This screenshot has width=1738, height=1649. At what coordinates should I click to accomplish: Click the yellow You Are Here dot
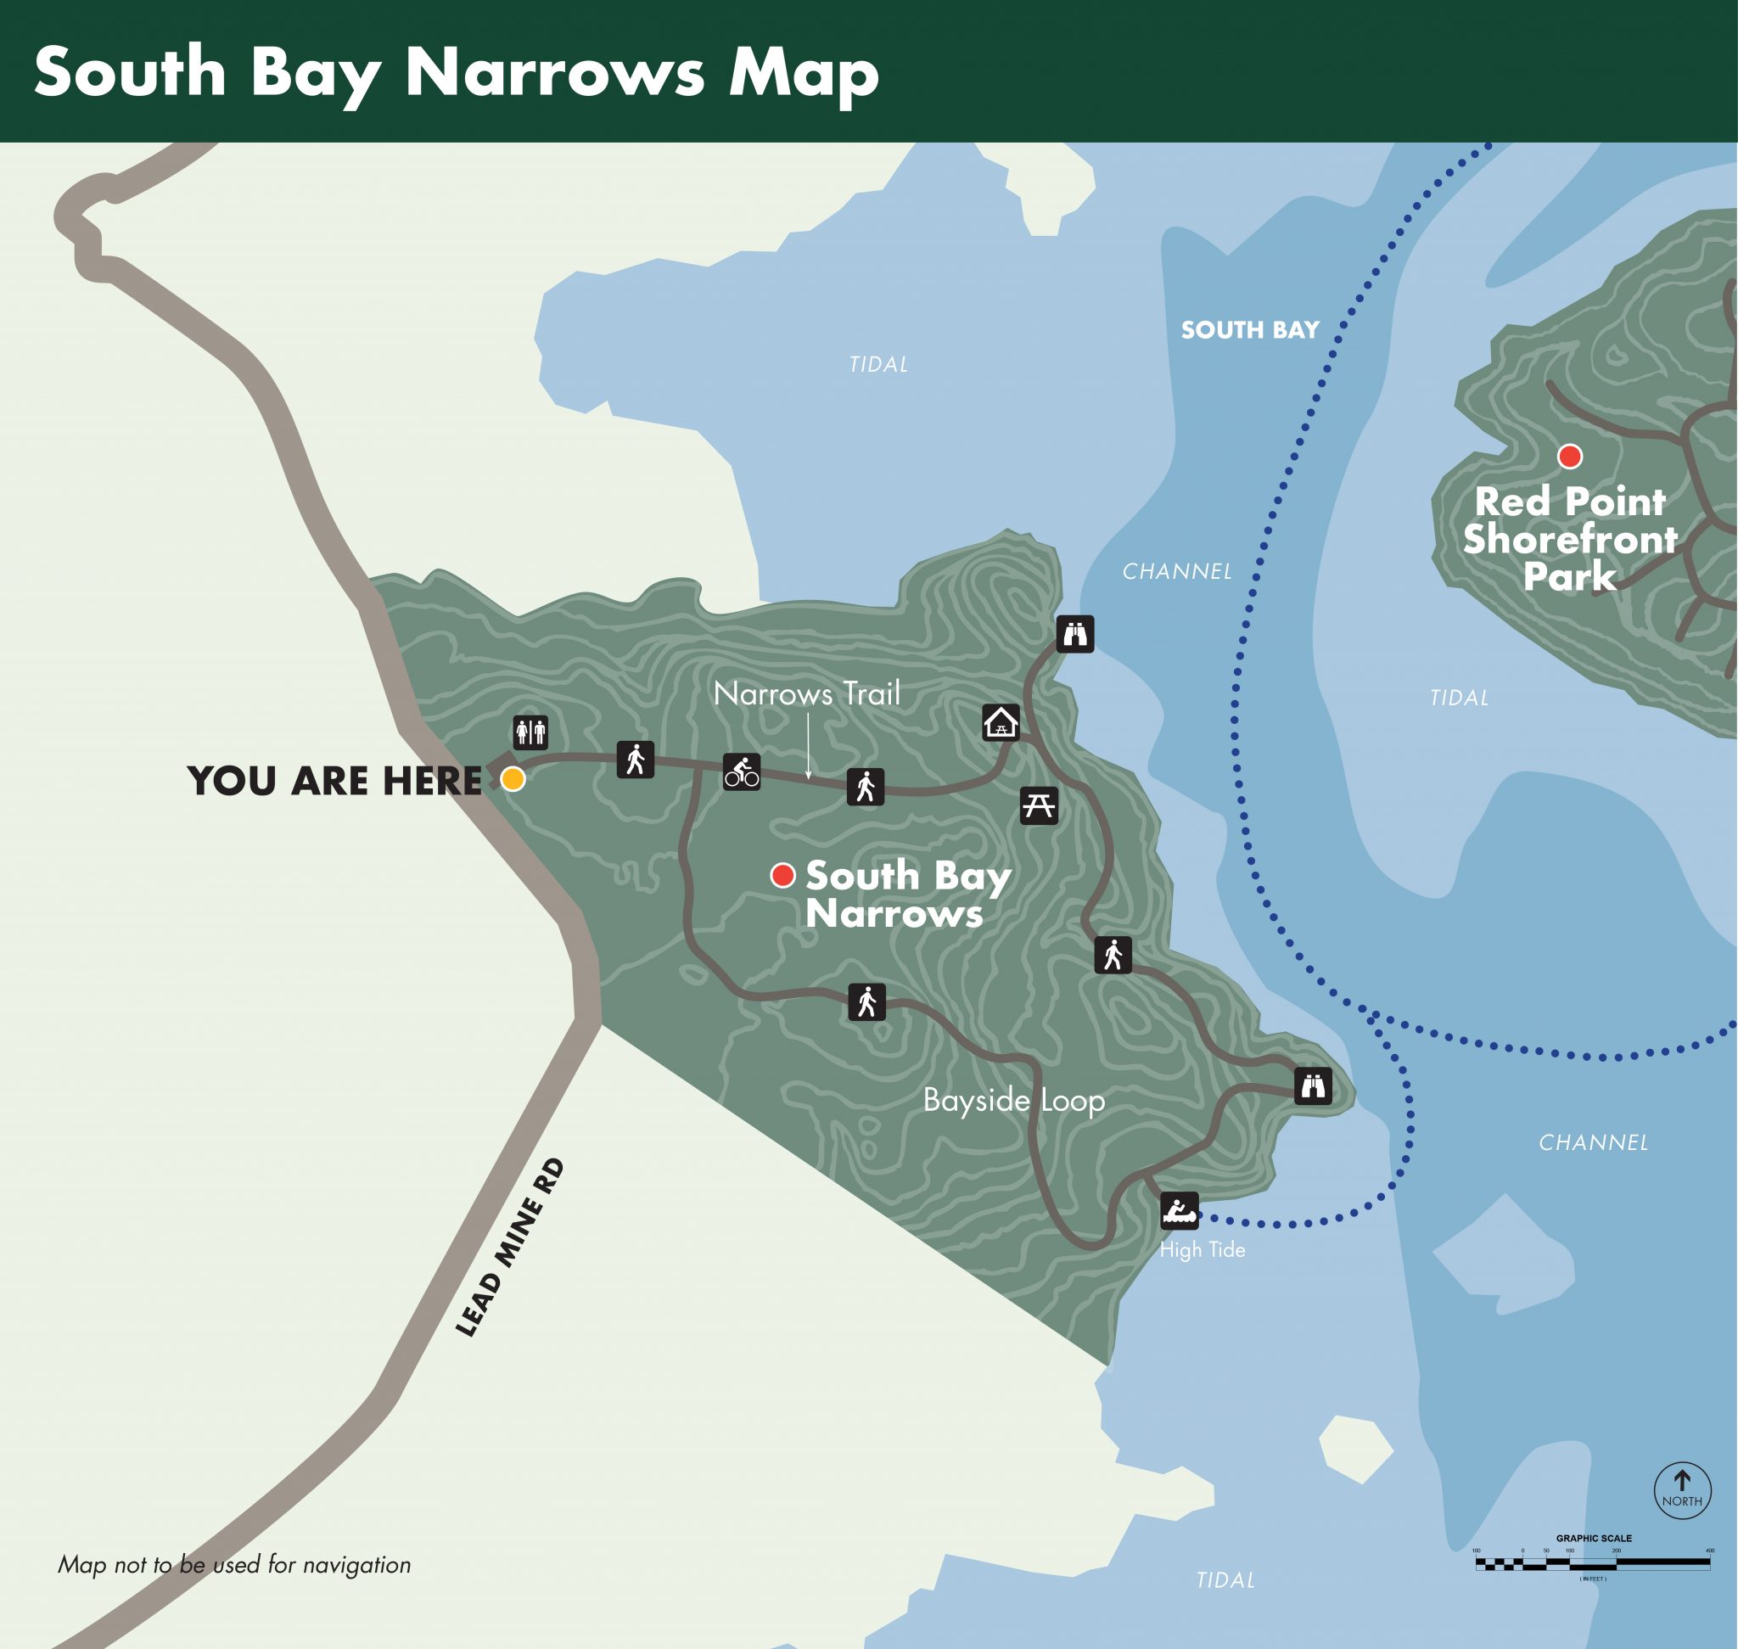point(513,779)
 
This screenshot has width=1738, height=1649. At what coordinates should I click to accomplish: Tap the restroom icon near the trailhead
point(531,732)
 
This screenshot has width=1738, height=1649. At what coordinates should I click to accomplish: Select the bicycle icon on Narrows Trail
point(741,771)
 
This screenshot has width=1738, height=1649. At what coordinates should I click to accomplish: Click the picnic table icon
point(1038,805)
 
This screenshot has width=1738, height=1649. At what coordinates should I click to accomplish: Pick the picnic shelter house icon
point(1001,722)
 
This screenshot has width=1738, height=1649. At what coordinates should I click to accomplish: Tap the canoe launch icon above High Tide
point(1179,1211)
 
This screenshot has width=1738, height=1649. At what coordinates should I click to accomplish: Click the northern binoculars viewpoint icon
point(1075,633)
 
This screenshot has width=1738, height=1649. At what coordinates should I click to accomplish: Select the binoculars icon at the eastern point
point(1314,1086)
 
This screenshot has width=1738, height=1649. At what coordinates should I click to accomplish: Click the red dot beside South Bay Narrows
point(782,875)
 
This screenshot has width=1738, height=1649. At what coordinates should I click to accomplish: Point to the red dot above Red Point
point(1569,457)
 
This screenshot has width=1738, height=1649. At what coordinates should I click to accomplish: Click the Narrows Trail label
point(806,693)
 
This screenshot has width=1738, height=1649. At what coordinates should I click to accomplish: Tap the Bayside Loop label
point(1012,1100)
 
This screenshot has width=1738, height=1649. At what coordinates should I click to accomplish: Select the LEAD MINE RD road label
point(509,1248)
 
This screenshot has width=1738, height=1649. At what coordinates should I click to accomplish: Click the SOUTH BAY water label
point(1249,329)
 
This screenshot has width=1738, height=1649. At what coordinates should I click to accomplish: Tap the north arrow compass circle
point(1681,1489)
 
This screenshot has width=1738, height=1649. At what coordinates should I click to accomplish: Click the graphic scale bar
point(1592,1564)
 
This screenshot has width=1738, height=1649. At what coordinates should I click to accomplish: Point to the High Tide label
point(1202,1250)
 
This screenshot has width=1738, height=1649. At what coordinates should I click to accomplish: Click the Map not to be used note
point(234,1565)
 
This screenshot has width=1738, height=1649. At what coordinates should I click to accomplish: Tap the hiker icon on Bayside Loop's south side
point(866,1001)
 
